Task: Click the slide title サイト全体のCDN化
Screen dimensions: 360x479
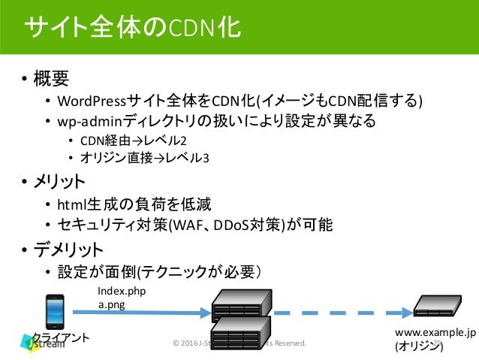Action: pyautogui.click(x=132, y=29)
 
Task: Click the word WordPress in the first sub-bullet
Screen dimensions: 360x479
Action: pyautogui.click(x=97, y=101)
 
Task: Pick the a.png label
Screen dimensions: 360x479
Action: pyautogui.click(x=112, y=304)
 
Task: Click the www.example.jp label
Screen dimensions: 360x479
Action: pyautogui.click(x=435, y=333)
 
